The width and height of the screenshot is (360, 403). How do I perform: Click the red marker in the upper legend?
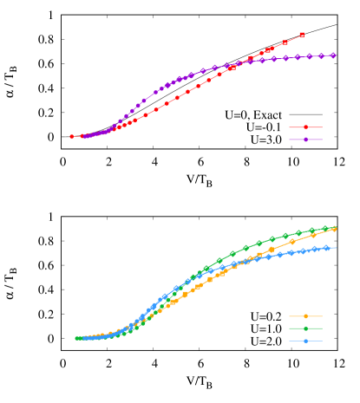[x=305, y=127]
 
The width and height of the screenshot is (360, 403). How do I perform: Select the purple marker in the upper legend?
[x=305, y=140]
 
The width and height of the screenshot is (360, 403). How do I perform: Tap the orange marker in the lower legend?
[x=305, y=316]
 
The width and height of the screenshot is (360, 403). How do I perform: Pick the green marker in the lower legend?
[x=305, y=328]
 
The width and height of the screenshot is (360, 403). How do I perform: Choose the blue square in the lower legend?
[x=305, y=341]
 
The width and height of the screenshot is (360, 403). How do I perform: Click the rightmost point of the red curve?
[x=302, y=35]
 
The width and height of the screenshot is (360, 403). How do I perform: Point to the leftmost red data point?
[x=72, y=137]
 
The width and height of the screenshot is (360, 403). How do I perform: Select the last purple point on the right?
[x=333, y=55]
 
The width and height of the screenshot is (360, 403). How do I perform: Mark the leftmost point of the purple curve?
[x=84, y=137]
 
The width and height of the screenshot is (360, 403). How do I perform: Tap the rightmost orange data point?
[x=334, y=230]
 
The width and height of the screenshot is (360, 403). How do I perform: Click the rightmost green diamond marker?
[x=334, y=228]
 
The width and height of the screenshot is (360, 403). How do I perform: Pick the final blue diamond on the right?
[x=327, y=248]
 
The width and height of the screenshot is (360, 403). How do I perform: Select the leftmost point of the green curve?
[x=77, y=338]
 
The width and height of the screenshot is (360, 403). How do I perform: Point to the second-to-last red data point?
[x=285, y=42]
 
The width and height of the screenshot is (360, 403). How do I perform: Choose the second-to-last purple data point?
[x=321, y=56]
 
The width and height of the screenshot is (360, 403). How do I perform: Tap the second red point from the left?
[x=82, y=136]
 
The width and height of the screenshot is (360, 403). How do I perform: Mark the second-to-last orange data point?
[x=313, y=235]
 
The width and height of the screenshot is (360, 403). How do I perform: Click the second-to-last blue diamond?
[x=317, y=249]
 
